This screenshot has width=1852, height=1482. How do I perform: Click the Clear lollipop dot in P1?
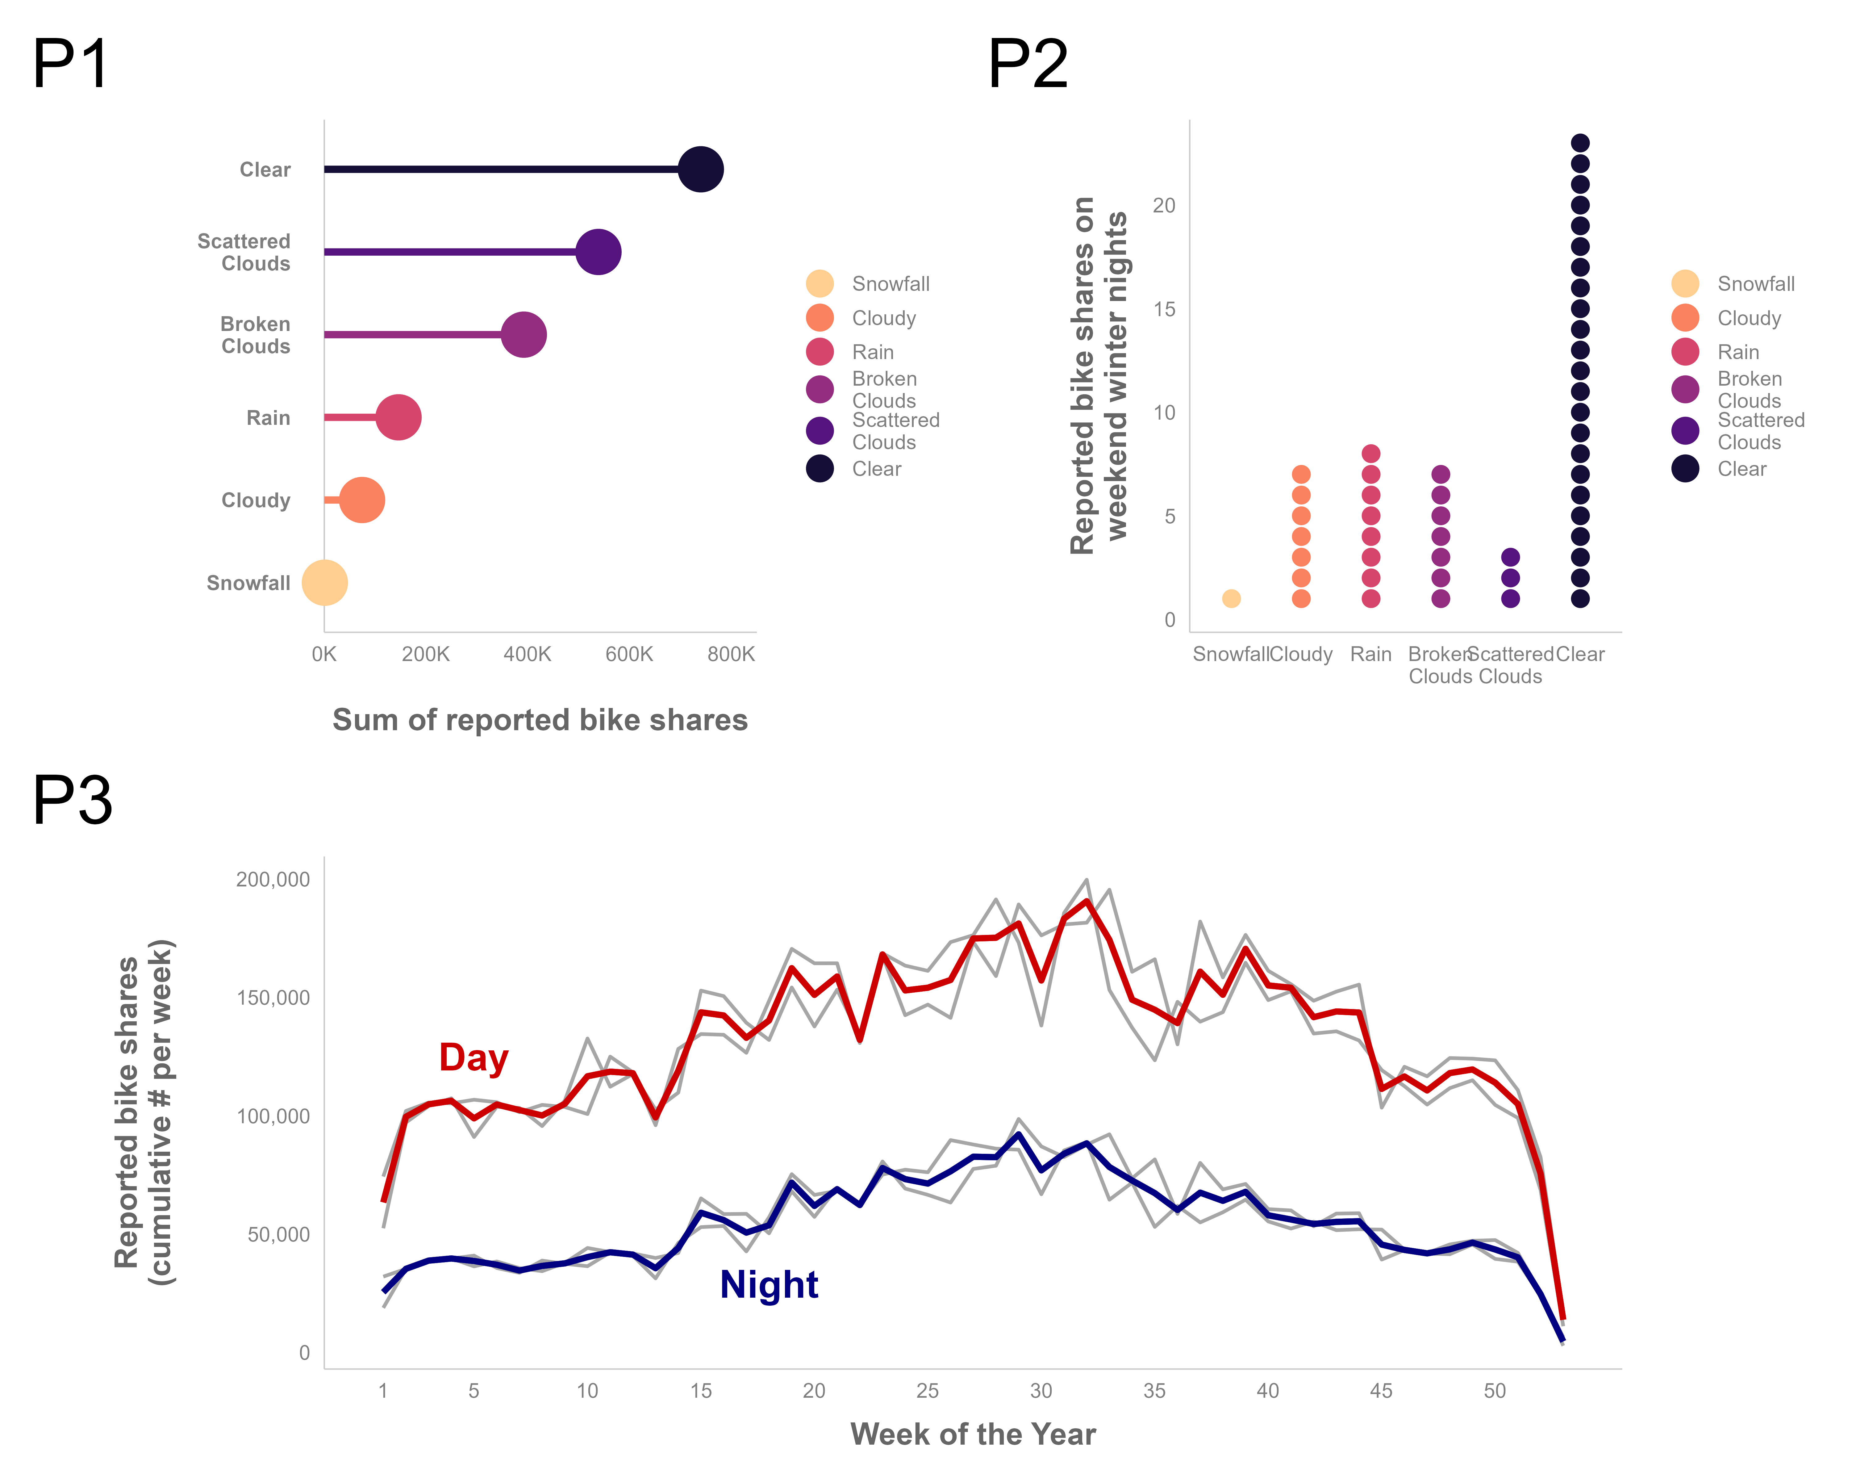700,169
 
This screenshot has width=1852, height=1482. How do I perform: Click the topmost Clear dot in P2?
1580,143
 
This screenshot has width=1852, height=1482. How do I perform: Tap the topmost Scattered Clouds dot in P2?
1510,557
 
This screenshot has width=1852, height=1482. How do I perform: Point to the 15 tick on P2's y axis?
1164,309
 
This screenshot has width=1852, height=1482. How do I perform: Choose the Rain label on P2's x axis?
1370,655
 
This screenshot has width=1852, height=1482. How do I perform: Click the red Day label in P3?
473,1057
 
